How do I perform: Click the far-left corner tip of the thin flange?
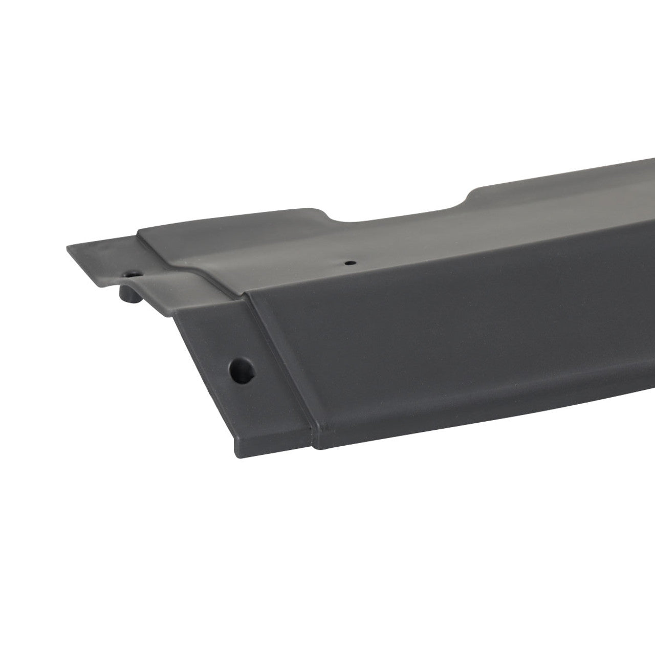pos(68,248)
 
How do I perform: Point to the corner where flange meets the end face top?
pos(177,307)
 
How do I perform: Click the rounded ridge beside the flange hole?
pos(169,276)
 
